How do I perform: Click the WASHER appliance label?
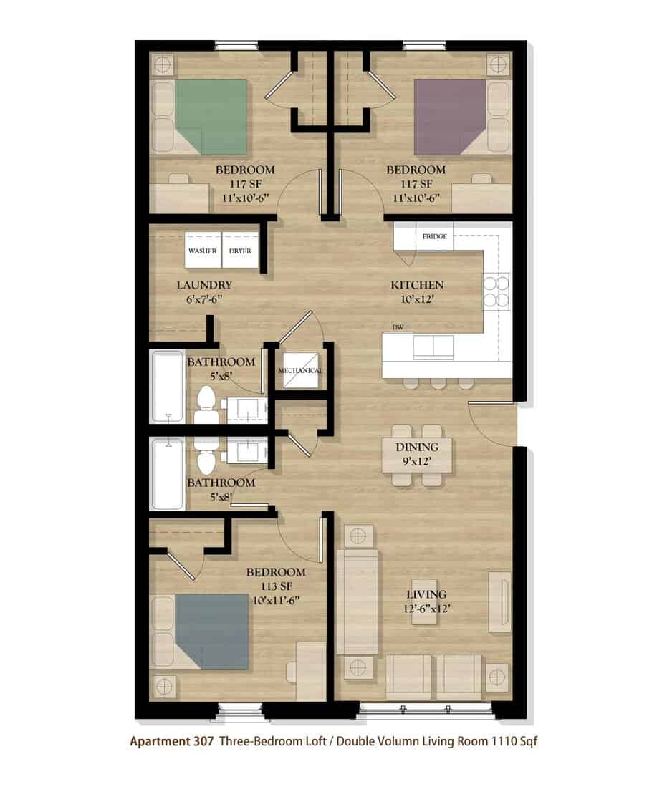click(x=203, y=251)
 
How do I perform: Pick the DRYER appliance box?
click(x=240, y=251)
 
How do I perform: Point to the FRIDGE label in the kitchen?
click(x=435, y=236)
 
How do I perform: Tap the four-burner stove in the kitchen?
click(x=496, y=291)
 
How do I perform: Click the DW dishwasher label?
click(x=398, y=327)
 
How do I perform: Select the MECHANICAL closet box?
click(x=300, y=370)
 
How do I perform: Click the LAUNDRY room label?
click(x=204, y=285)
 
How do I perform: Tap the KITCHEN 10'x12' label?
click(x=417, y=291)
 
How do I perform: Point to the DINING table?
click(x=417, y=455)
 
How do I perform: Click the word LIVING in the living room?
click(x=426, y=594)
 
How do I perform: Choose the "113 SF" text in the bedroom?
click(x=276, y=586)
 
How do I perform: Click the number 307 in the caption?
click(x=203, y=741)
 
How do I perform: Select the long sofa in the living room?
click(x=357, y=602)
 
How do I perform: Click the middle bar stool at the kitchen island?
click(x=438, y=382)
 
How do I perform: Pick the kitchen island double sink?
click(x=433, y=347)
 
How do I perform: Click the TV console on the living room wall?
click(x=499, y=601)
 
